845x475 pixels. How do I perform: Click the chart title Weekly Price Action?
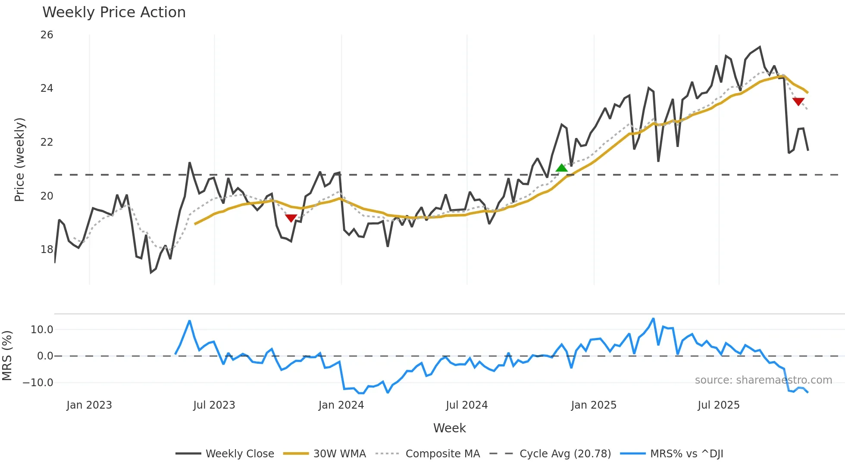[114, 12]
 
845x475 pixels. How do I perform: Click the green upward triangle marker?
[562, 168]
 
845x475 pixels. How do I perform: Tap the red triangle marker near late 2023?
[291, 218]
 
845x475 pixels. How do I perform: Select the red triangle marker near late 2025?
[798, 102]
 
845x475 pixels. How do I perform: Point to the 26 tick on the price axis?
[47, 35]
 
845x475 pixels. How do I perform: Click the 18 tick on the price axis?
[47, 250]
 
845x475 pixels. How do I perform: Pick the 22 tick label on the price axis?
[47, 142]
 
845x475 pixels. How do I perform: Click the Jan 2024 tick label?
[341, 405]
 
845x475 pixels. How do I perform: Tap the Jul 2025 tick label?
[718, 405]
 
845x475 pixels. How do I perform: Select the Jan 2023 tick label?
[89, 405]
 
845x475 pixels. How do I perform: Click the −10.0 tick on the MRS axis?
[38, 383]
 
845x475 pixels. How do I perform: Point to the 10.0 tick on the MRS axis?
[41, 330]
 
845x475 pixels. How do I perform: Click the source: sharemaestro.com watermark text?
[763, 380]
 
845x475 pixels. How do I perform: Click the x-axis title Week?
[449, 428]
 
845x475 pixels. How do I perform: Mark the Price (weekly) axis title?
[20, 159]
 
